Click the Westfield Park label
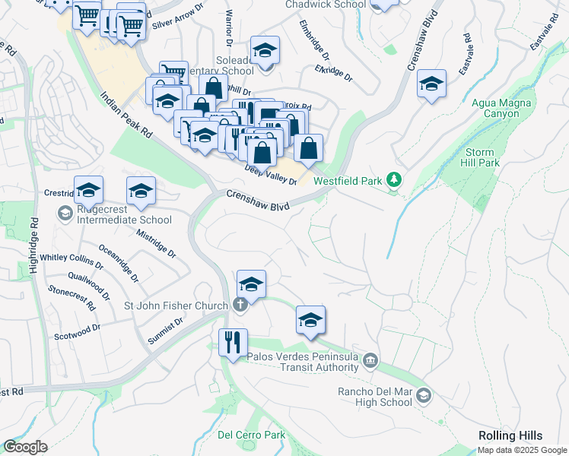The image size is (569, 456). click(348, 182)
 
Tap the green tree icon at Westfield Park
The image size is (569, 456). click(394, 180)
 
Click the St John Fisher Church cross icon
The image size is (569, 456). click(240, 306)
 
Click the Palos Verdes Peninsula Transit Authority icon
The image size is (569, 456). click(370, 359)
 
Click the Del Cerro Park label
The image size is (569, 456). click(251, 435)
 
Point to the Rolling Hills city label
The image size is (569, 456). click(510, 435)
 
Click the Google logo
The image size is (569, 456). click(26, 446)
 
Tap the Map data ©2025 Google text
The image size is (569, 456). click(521, 450)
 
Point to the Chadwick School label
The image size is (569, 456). click(325, 5)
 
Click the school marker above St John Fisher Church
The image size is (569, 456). click(251, 284)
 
